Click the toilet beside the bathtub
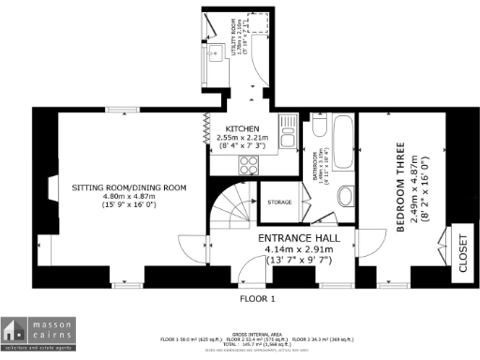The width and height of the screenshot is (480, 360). point(320,128)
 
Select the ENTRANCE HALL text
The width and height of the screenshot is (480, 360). point(301,238)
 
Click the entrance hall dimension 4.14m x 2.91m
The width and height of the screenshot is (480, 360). point(301,250)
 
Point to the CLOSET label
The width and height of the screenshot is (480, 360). point(462,253)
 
